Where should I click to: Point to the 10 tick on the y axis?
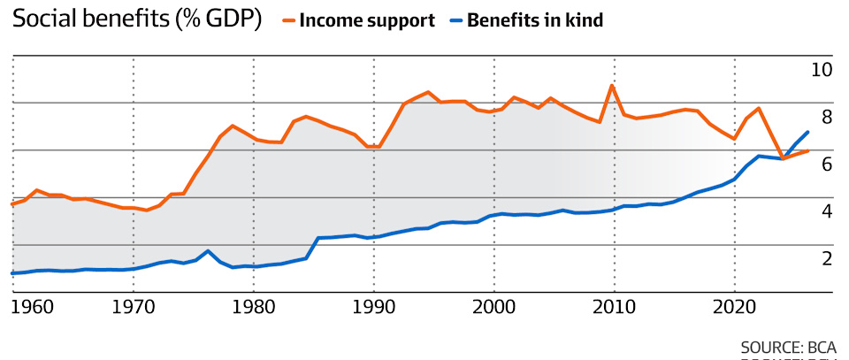point(822,71)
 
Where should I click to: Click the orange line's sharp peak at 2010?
point(612,86)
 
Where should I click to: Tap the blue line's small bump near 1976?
point(208,251)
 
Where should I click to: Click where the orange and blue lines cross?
point(784,157)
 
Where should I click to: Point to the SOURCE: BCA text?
point(788,347)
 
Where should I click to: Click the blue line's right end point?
point(807,132)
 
